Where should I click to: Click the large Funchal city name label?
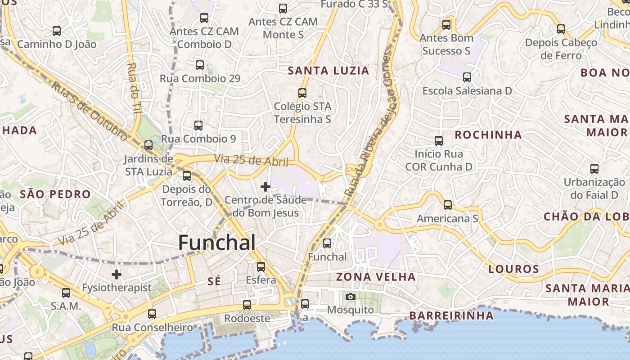click(217, 243)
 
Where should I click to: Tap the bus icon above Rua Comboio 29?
click(200, 65)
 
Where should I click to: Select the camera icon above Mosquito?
click(351, 297)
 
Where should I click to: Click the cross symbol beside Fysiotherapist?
click(117, 274)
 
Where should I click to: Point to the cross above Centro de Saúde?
click(265, 186)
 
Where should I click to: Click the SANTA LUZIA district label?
click(328, 71)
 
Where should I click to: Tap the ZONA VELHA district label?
click(376, 277)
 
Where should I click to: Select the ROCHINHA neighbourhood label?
click(488, 135)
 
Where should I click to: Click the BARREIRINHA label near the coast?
click(451, 316)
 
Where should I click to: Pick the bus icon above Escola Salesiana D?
click(467, 77)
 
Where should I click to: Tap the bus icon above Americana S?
click(447, 205)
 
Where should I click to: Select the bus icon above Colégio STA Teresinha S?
click(302, 93)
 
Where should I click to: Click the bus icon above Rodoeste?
click(247, 305)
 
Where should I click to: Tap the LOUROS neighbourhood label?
click(513, 269)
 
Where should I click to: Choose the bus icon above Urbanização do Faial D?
click(594, 169)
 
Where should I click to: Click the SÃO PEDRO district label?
click(55, 194)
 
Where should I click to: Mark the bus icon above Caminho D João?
click(57, 31)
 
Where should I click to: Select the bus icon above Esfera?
click(261, 267)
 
